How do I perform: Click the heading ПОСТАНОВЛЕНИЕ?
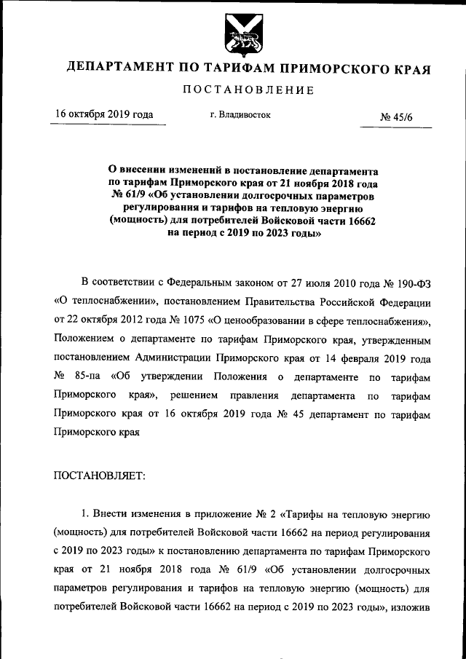click(x=248, y=90)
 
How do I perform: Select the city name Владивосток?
click(x=244, y=115)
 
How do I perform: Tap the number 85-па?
click(x=91, y=376)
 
